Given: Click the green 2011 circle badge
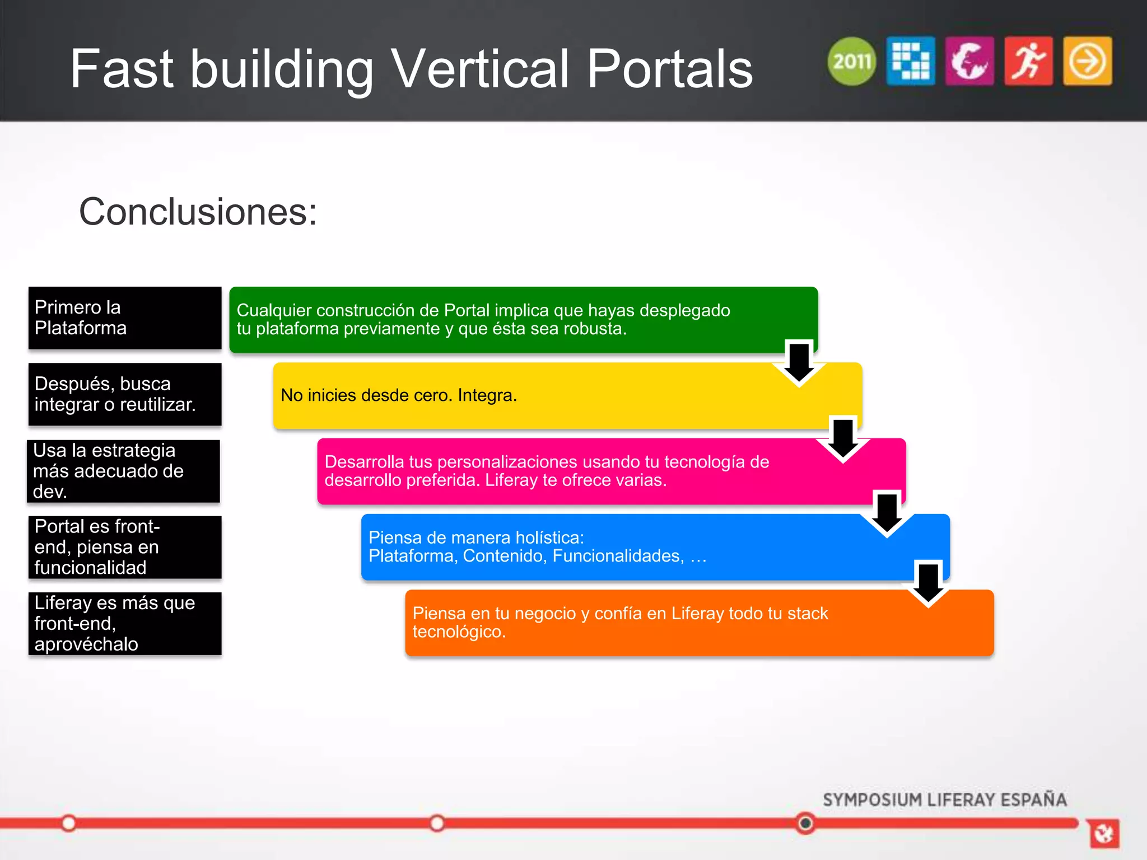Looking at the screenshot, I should click(851, 61).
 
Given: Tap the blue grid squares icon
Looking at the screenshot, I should click(911, 61).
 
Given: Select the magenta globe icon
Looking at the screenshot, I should click(969, 61).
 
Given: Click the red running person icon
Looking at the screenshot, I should click(1028, 61).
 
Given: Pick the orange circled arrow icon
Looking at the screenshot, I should click(1087, 61).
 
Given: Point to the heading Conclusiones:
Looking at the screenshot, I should click(198, 212).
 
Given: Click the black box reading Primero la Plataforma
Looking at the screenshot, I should click(125, 318).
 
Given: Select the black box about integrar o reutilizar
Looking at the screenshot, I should click(125, 394).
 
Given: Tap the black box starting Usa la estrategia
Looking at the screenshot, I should click(124, 471).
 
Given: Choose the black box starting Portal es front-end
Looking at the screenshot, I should click(125, 547).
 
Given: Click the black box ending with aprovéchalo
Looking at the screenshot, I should click(125, 623).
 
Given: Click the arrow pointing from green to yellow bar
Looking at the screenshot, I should click(799, 363).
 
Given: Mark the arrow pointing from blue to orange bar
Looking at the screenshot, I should click(928, 584).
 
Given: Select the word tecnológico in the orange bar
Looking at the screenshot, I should click(459, 632).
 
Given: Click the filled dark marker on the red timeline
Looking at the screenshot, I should click(805, 823).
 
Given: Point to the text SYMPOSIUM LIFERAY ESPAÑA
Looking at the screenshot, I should click(944, 800).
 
